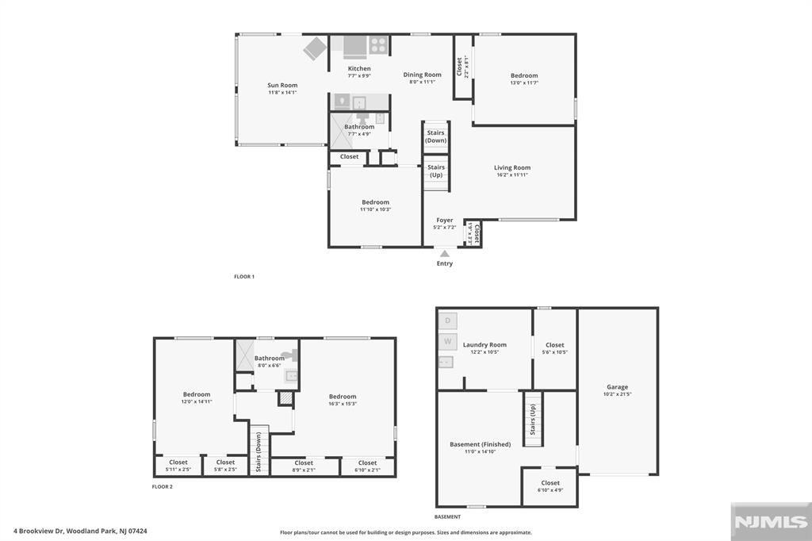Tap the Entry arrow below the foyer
445,254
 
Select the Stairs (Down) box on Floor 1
435,136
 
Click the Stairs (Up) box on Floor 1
436,171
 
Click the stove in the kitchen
378,45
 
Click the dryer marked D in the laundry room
447,320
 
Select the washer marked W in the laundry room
447,342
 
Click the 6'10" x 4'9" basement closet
550,485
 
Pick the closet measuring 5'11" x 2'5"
178,466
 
